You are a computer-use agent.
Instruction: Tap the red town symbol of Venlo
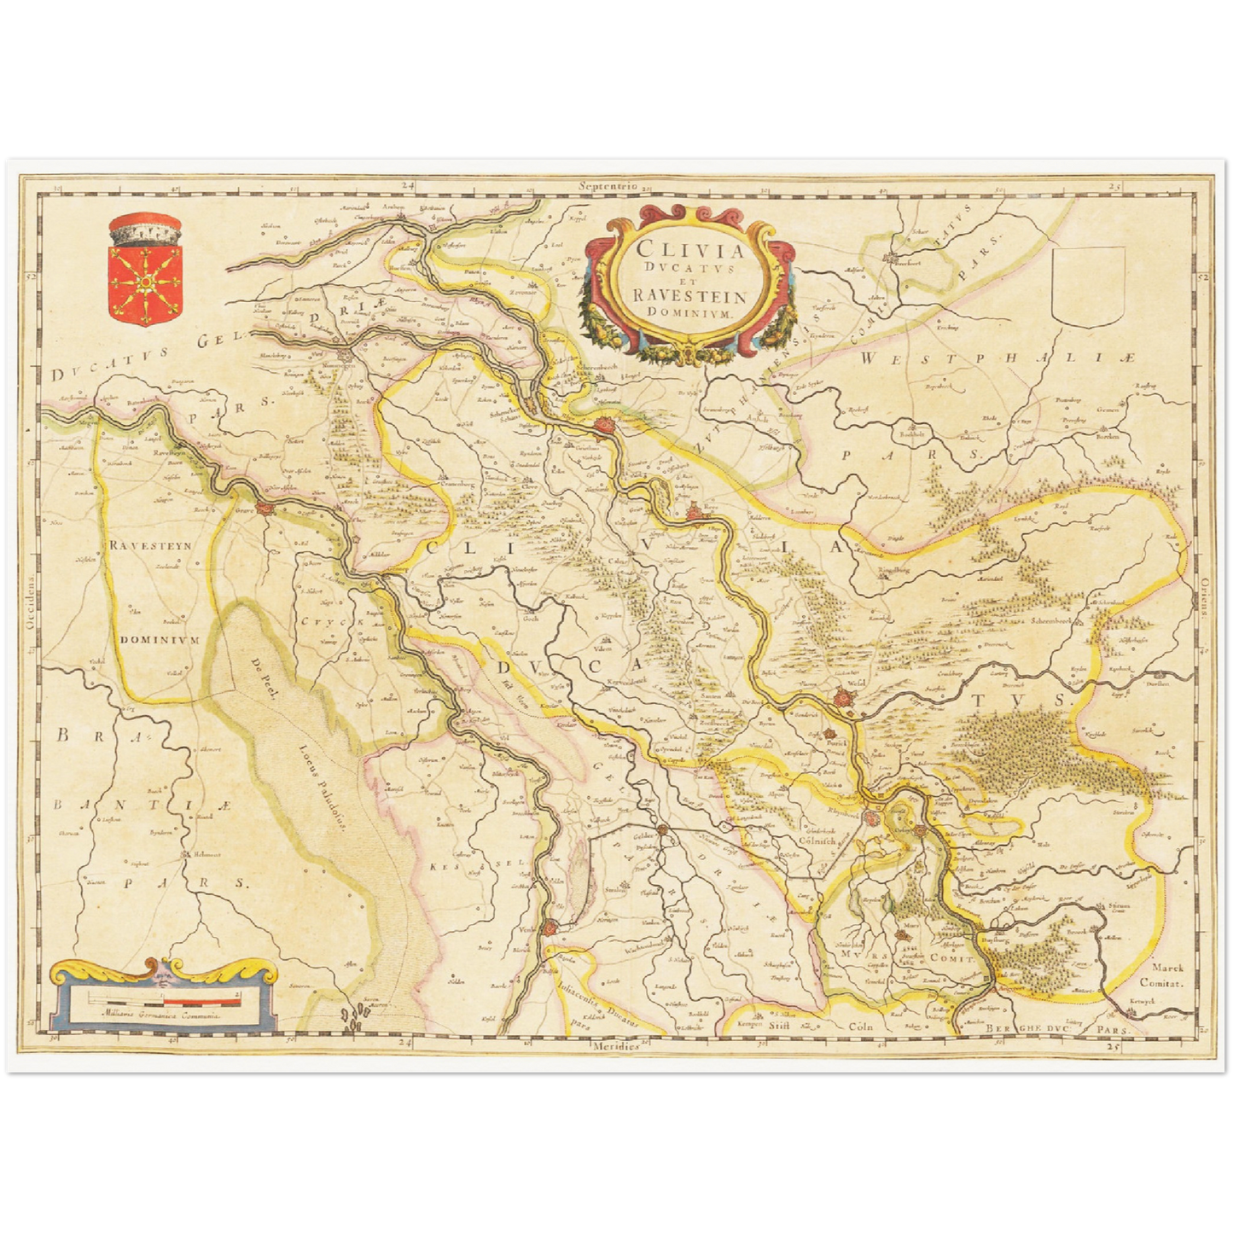coord(552,927)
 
